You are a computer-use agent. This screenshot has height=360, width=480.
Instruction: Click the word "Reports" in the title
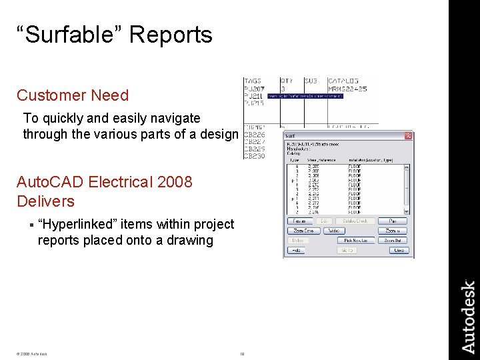click(x=171, y=35)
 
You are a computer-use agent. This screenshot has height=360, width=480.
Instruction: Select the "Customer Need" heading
click(x=73, y=95)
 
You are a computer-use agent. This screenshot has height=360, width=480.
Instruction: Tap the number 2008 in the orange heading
click(x=172, y=182)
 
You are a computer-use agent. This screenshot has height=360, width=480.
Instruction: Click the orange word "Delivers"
click(x=45, y=201)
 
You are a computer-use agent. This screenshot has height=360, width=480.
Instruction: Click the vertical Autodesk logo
click(x=469, y=317)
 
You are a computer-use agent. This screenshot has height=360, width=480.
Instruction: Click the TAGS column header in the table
click(x=253, y=81)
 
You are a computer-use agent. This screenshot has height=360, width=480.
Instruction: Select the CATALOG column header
click(x=343, y=81)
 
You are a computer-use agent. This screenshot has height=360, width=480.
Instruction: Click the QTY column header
click(x=287, y=81)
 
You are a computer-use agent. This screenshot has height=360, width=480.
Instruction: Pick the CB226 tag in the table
click(x=254, y=135)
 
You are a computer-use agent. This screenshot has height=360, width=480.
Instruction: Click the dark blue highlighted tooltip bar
click(x=305, y=97)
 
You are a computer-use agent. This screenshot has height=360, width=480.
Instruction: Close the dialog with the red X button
click(x=408, y=136)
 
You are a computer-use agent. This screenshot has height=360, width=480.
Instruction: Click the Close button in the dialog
click(x=398, y=251)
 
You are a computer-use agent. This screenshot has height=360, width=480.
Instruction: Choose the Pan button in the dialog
click(x=393, y=221)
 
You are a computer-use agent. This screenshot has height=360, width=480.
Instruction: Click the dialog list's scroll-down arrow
click(x=407, y=211)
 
